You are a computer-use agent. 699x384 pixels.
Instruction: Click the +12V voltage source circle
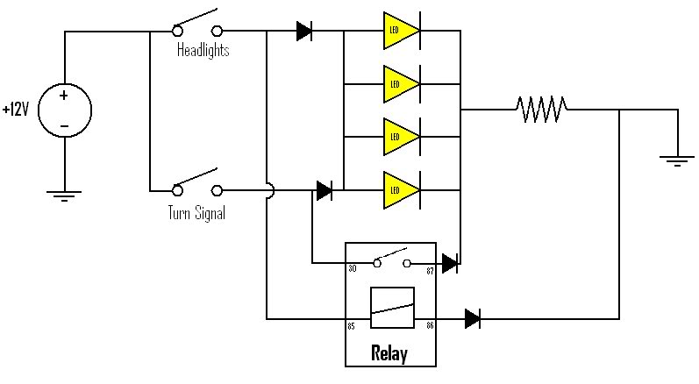point(64,110)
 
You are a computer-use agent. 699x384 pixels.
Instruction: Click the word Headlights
point(203,51)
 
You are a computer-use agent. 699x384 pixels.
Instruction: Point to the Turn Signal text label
point(196,211)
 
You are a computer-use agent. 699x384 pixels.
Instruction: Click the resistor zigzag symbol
point(542,110)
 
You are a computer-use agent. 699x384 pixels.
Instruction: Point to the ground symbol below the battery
point(64,195)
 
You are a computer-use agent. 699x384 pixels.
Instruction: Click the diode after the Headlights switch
point(304,32)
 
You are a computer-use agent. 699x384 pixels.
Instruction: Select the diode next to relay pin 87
point(450,262)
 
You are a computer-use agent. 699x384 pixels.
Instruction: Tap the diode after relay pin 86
point(473,318)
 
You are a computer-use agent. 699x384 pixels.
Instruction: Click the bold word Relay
point(390,354)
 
